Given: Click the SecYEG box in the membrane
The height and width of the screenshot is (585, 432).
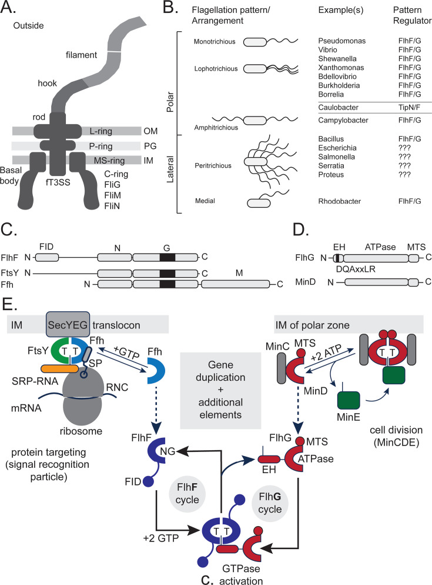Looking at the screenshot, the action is tap(68, 324).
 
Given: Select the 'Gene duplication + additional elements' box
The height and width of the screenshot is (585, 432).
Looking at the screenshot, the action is tap(220, 390).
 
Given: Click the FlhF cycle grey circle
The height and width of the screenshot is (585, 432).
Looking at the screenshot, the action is tap(187, 493).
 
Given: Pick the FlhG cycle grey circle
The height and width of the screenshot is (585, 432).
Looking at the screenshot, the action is tap(270, 503).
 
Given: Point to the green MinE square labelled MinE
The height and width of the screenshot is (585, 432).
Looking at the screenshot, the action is tap(349, 400).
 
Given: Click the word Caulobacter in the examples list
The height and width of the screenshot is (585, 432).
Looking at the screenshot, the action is tap(338, 108).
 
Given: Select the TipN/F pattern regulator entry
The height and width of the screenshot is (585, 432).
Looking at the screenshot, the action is tap(409, 108).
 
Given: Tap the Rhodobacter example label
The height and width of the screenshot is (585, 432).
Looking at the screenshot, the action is tap(340, 201).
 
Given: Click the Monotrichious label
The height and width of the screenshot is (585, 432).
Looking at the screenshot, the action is tap(215, 41).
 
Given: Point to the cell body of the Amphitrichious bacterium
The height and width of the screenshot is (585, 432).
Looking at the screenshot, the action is tap(255, 120).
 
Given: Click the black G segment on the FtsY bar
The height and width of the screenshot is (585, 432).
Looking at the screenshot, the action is tap(167, 273).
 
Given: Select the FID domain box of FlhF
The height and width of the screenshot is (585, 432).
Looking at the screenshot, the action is tap(46, 257).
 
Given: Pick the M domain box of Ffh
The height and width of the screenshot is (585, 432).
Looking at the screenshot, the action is tap(235, 284).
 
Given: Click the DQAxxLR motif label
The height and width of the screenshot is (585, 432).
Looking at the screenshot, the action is tap(356, 269).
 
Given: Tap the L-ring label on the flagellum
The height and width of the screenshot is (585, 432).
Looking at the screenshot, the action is tap(101, 131).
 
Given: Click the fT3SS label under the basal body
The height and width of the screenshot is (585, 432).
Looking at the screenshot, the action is tap(58, 182).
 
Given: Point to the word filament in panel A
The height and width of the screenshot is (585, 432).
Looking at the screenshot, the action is tap(81, 55).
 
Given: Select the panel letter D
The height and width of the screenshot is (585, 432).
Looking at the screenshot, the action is tap(301, 230).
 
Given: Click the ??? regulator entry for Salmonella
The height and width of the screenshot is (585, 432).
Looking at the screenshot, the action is tap(404, 157).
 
